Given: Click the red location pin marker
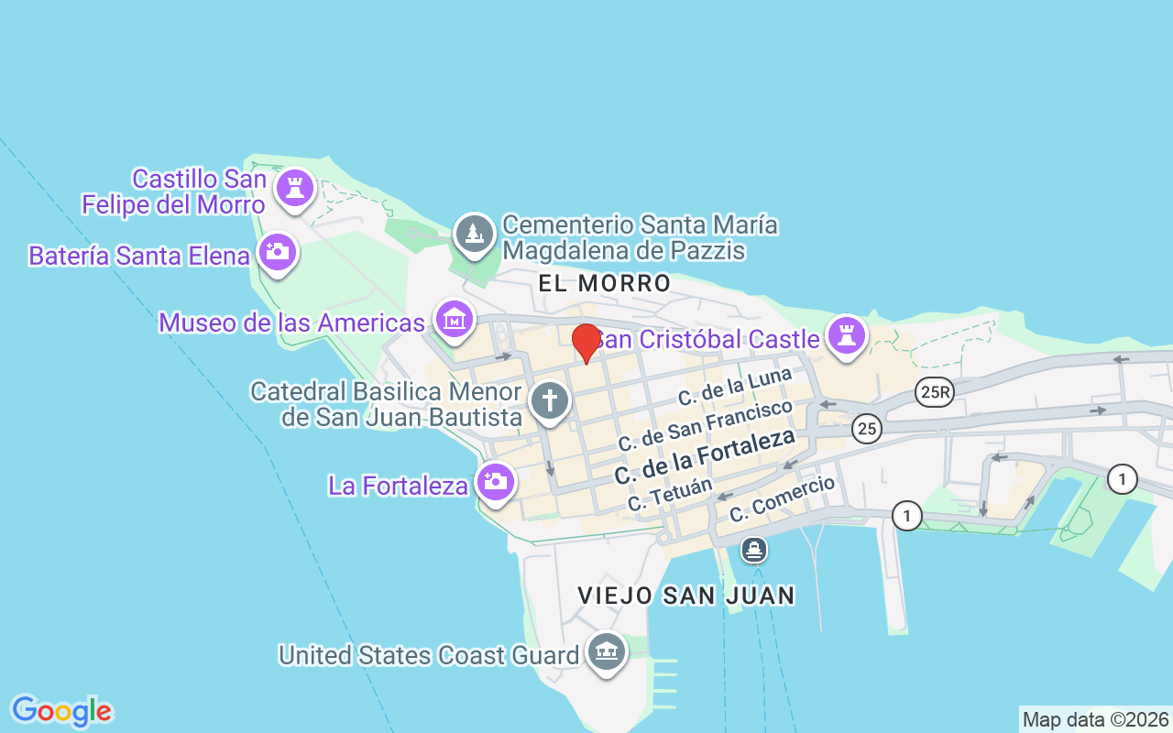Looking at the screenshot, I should tap(586, 343).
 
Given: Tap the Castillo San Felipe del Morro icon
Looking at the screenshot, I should tap(294, 189).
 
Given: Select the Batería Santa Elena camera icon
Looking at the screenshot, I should tap(277, 251).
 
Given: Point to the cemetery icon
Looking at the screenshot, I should tap(475, 234).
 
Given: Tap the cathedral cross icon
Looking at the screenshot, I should tap(550, 401).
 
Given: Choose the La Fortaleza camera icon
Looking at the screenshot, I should tap(496, 481).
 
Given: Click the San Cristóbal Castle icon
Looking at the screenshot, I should tap(846, 336).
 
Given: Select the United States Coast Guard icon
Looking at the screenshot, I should tap(607, 652).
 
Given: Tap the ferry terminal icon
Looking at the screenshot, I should tap(754, 550).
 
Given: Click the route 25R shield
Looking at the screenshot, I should tap(935, 393).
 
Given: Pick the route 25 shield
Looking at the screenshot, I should tap(866, 428).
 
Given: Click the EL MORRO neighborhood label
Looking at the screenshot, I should tap(605, 283).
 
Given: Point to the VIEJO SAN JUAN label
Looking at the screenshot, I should tap(686, 596).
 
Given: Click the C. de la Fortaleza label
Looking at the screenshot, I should tap(704, 456).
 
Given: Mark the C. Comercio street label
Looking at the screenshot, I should tap(782, 498).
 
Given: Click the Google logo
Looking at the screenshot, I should tap(61, 711).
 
